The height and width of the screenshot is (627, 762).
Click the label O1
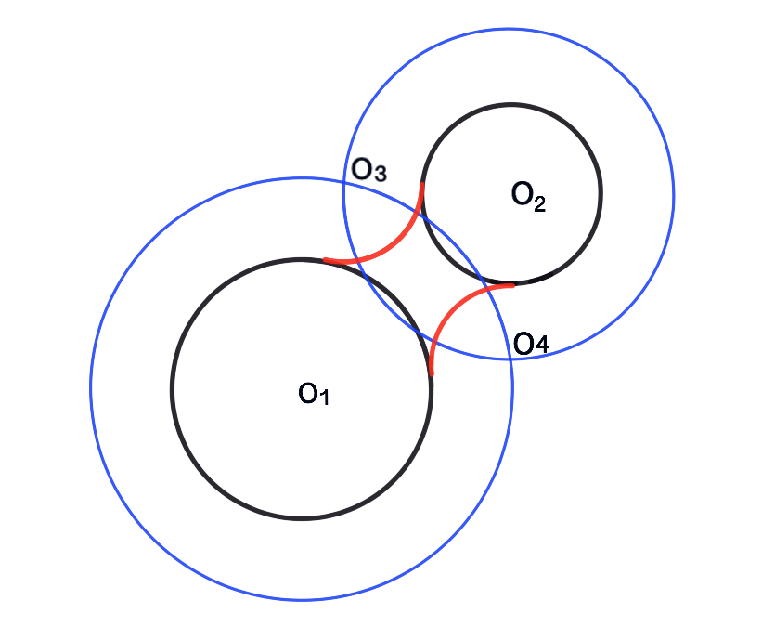(313, 394)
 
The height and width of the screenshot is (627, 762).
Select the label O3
(368, 171)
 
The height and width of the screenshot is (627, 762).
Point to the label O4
(531, 345)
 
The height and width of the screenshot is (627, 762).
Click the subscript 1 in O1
(324, 398)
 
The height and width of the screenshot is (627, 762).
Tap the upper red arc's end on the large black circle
(324, 260)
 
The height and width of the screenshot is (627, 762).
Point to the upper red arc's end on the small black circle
(423, 184)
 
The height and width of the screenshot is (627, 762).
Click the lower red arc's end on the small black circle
(512, 284)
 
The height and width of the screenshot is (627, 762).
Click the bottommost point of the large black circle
(302, 517)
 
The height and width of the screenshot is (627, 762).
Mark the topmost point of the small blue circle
(510, 29)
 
